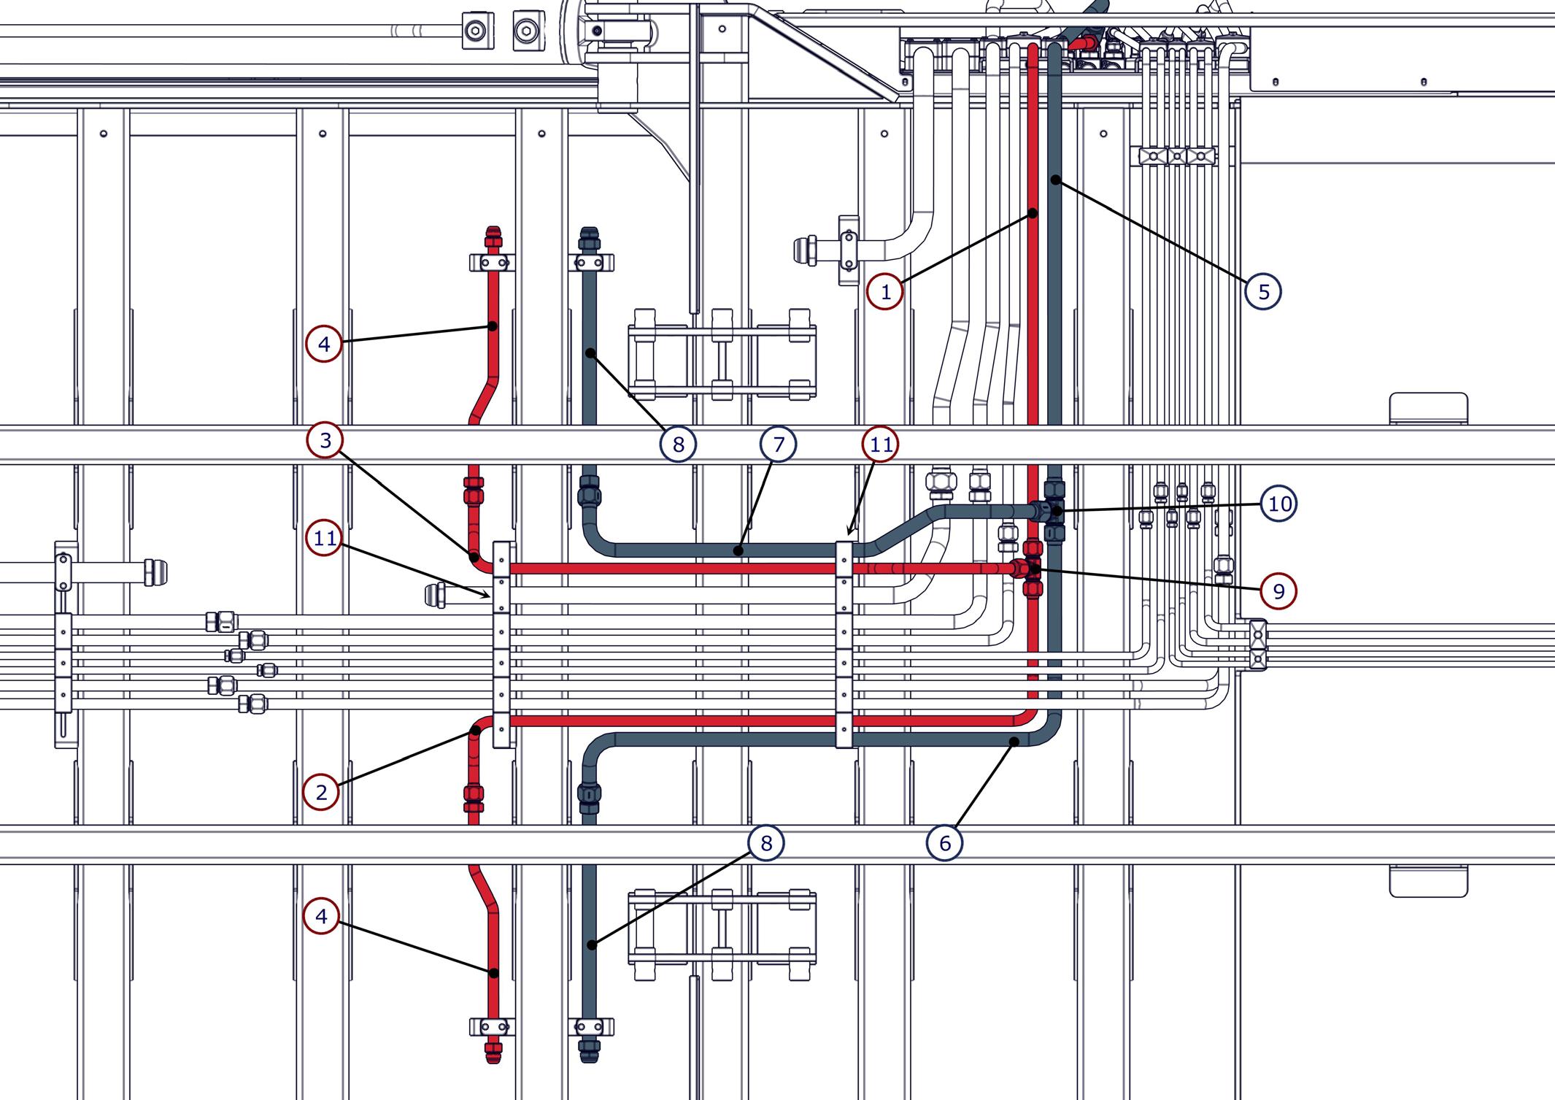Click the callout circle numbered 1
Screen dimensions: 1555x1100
(x=885, y=292)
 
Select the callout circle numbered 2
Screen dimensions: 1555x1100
(x=321, y=792)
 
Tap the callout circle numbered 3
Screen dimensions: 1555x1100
(x=325, y=440)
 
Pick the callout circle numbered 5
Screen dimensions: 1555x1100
(x=1263, y=291)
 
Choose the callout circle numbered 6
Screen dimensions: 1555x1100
(x=945, y=843)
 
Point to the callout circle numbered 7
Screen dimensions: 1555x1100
(x=778, y=444)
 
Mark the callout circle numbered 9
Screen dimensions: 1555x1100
(x=1278, y=591)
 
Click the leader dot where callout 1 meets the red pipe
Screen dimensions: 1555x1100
(x=1033, y=213)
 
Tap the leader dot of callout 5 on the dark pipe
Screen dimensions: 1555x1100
(x=1055, y=180)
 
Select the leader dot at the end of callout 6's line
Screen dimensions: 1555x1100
(x=1014, y=742)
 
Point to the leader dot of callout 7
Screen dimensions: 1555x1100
(x=738, y=551)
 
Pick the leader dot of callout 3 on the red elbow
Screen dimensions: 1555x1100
(x=475, y=557)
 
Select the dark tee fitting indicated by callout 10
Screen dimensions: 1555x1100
(x=1054, y=511)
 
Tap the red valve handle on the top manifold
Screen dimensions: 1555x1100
(x=1081, y=44)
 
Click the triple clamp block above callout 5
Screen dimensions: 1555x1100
(x=1173, y=156)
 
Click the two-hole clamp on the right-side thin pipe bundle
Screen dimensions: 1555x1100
(x=1257, y=645)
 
